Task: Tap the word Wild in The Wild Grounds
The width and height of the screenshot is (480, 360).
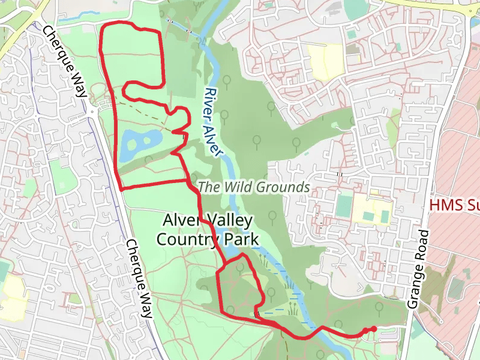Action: tap(239, 187)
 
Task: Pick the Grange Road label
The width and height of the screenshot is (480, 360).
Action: tap(419, 269)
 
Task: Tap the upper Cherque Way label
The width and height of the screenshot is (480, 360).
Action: tap(67, 60)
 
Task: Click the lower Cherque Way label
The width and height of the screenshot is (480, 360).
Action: tap(139, 279)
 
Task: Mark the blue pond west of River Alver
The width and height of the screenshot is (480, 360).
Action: tap(139, 144)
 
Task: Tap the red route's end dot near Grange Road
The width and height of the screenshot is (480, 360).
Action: tap(374, 328)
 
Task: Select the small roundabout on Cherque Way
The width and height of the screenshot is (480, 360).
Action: tap(92, 111)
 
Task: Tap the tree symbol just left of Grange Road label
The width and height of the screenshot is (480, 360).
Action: tap(379, 308)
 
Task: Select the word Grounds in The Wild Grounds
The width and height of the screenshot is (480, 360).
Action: tap(283, 187)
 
